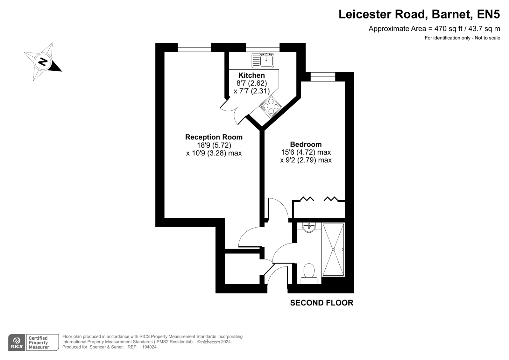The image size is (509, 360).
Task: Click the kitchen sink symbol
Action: point(263,60)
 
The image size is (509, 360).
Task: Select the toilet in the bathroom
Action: point(309,274)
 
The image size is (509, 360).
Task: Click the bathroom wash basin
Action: point(309,228)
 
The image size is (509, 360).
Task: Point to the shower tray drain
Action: point(333,250)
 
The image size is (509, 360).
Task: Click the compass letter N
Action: point(43,62)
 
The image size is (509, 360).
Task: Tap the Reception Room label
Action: point(214,137)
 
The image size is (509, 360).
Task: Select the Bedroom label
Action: point(306,144)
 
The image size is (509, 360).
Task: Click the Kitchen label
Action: point(251,75)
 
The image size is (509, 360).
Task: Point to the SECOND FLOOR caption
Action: point(322,303)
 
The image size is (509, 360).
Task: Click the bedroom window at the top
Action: point(323,77)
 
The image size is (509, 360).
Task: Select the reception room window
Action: point(194,47)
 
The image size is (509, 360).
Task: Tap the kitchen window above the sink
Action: point(263,47)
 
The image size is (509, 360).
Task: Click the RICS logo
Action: point(17,342)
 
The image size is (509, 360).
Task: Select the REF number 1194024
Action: point(148,347)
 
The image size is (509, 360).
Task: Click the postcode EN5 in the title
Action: point(488,14)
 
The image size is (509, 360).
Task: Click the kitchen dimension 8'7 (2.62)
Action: point(251,83)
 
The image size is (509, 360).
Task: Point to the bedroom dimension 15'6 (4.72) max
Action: point(306,152)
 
